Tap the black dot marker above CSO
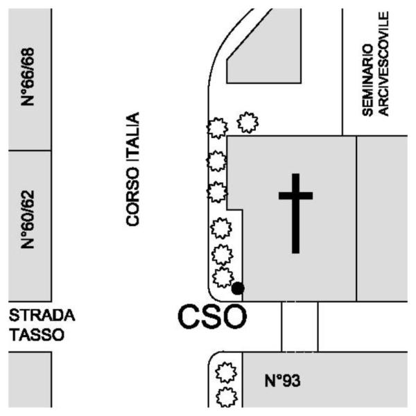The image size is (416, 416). click(x=238, y=288)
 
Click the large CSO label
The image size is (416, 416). click(x=212, y=318)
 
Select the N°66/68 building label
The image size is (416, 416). click(x=28, y=76)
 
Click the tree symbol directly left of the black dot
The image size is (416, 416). click(x=222, y=278)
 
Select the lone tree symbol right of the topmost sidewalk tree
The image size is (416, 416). click(x=248, y=123)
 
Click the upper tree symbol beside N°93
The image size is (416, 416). click(x=225, y=373)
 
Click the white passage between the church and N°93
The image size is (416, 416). click(x=300, y=326)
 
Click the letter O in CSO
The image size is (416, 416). click(x=234, y=318)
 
